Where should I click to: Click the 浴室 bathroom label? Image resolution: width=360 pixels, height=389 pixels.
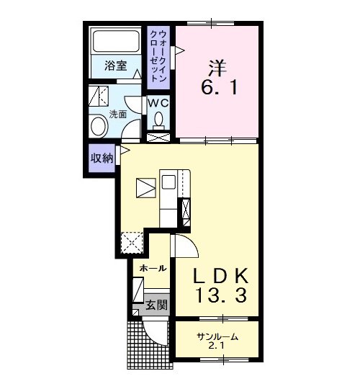tap(115, 66)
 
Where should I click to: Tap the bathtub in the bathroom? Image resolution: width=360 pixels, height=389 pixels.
tap(115, 41)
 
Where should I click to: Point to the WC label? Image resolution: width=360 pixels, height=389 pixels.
tap(158, 103)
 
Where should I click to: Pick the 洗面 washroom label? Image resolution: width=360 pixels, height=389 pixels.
tap(118, 114)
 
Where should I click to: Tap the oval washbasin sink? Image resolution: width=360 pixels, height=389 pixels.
tap(99, 127)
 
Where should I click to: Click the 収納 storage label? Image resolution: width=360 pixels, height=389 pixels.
tap(102, 158)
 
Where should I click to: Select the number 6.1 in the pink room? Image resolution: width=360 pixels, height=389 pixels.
tap(219, 87)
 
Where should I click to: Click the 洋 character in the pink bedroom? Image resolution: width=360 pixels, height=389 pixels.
tap(217, 68)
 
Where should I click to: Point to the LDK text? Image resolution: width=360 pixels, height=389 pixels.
tap(220, 276)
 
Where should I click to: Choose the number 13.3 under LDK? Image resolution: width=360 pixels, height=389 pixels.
tap(222, 296)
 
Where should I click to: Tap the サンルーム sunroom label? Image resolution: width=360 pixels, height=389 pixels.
tap(217, 337)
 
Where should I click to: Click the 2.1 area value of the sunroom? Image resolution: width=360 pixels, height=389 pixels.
tap(216, 346)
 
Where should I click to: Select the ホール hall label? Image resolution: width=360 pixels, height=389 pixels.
tap(153, 268)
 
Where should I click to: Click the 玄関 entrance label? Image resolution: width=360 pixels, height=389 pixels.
tap(156, 305)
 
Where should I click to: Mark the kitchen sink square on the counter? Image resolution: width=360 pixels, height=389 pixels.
tap(169, 182)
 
